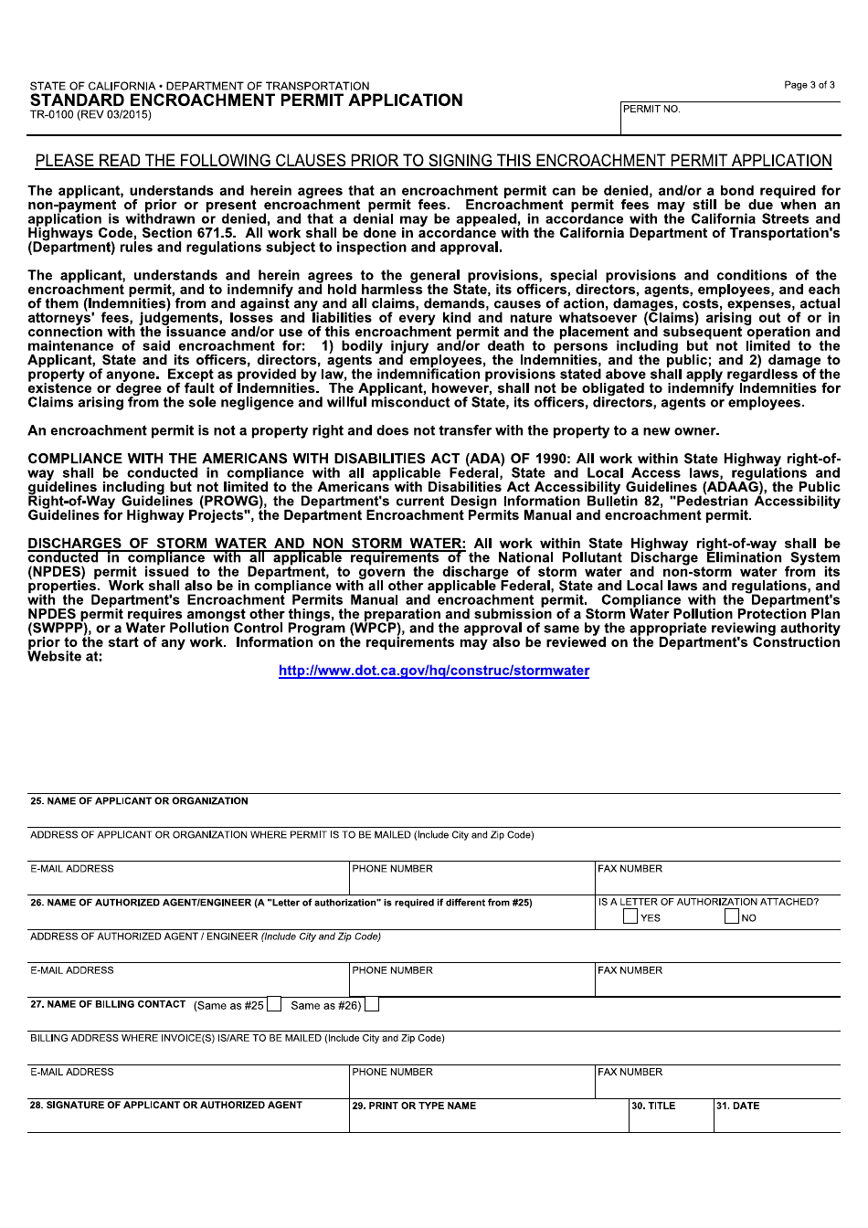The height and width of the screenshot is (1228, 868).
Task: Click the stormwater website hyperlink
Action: [x=434, y=671]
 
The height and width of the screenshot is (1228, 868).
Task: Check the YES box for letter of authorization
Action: [x=630, y=916]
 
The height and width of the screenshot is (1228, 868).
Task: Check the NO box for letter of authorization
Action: [x=732, y=916]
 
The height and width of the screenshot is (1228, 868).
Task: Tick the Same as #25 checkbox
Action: [x=274, y=1005]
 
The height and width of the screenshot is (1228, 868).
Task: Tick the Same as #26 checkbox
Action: [x=372, y=1005]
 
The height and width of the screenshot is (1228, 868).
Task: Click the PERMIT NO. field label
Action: [x=651, y=110]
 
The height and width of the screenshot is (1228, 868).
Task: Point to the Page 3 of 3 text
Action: [x=809, y=85]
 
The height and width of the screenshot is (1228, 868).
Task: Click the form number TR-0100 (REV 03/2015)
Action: [x=90, y=115]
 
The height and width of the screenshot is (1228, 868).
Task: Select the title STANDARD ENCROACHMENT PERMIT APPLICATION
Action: [x=246, y=101]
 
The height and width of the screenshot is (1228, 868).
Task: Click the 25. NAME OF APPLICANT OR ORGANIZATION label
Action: [x=139, y=801]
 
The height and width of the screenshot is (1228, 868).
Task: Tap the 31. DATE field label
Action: [x=737, y=1106]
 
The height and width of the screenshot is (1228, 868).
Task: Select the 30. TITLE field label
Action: [x=653, y=1106]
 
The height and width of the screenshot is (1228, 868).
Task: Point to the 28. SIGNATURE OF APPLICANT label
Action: [x=166, y=1106]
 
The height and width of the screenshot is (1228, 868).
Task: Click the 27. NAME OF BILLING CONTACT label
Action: [x=108, y=1004]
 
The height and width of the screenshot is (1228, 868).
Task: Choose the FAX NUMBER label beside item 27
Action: [x=630, y=1072]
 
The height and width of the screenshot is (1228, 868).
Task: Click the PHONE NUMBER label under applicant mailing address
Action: [x=392, y=869]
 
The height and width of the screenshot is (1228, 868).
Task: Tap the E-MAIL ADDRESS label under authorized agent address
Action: [x=72, y=970]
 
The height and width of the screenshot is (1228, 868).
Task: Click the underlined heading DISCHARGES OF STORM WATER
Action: [x=247, y=544]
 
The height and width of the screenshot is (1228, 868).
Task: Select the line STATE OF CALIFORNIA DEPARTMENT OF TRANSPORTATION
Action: [x=199, y=86]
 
